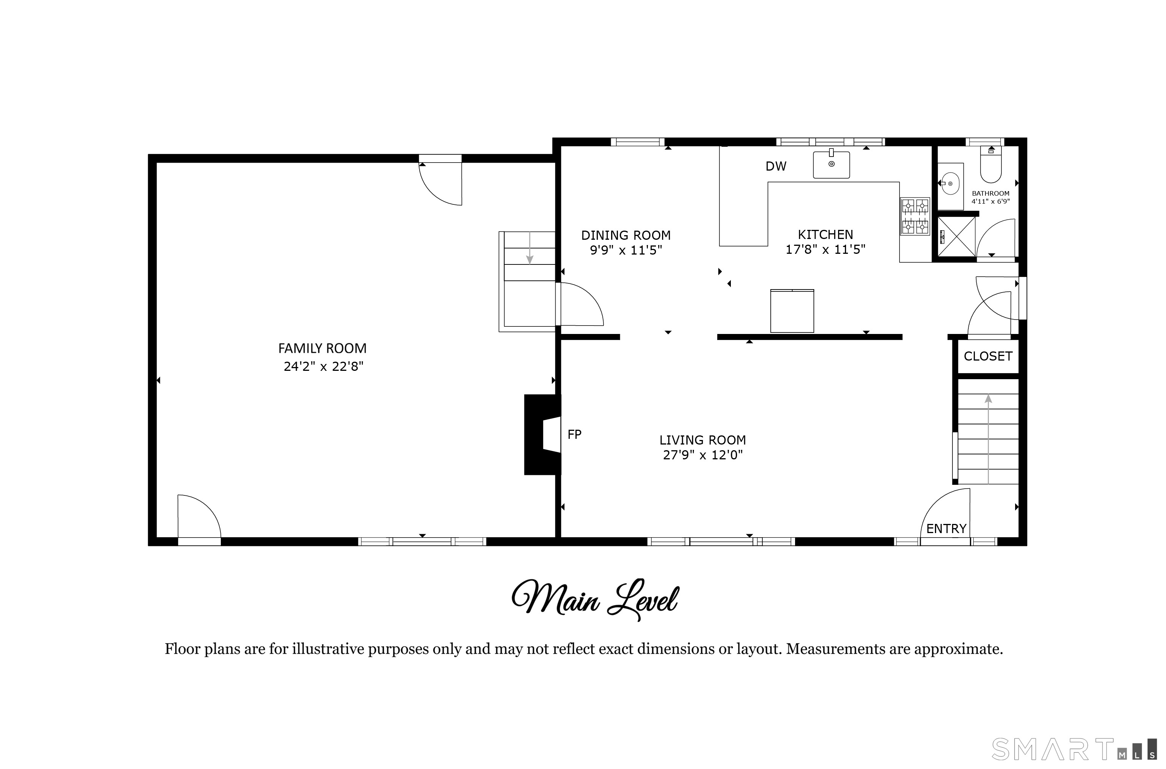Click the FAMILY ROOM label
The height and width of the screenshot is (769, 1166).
(x=322, y=348)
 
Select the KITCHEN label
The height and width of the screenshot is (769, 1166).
(x=825, y=234)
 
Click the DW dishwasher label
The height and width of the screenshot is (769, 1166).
(x=776, y=167)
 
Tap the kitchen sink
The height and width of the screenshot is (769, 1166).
(x=832, y=164)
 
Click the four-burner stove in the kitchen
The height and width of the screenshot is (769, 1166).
(x=915, y=216)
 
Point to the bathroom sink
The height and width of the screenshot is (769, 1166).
(x=950, y=184)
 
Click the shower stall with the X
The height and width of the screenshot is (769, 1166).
(x=957, y=237)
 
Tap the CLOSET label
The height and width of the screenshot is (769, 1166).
(x=988, y=356)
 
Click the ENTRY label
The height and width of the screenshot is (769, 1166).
(x=946, y=529)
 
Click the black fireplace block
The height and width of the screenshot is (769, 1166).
(x=542, y=435)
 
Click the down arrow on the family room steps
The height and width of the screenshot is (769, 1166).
(x=530, y=248)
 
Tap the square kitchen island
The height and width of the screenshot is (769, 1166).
(x=792, y=311)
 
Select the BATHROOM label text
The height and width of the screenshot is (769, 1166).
(x=991, y=194)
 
